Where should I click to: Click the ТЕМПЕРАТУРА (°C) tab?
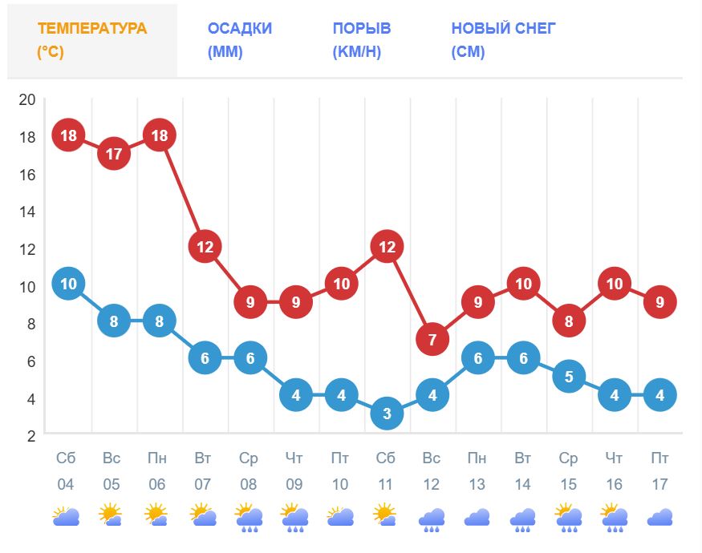92,41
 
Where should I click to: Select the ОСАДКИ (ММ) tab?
239,41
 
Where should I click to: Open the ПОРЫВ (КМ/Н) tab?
362,41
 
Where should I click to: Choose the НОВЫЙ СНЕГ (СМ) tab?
503,41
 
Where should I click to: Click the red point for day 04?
68,135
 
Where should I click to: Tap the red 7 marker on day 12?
432,340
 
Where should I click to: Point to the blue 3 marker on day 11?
387,414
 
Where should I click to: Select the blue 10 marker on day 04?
68,284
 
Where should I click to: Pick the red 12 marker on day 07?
205,246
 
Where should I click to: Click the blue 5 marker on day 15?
569,376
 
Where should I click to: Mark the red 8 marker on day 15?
569,321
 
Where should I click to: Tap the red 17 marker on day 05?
114,153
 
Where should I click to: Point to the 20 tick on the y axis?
27,99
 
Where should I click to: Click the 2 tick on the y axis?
31,436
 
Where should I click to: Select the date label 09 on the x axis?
294,485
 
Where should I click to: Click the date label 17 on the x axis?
659,485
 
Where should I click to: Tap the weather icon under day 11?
386,515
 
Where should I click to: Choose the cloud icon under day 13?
477,518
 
